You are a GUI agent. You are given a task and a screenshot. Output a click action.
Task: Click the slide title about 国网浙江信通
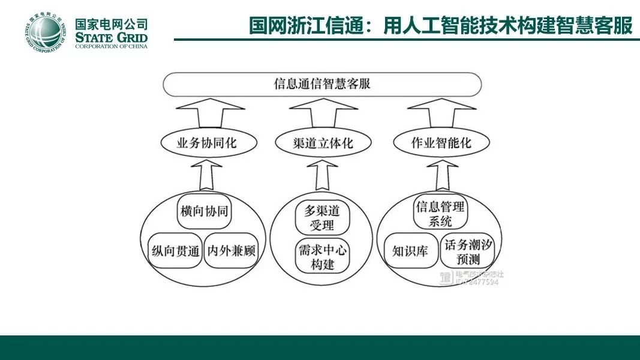[x=441, y=26]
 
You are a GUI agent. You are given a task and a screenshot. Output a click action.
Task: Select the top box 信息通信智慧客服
[x=322, y=83]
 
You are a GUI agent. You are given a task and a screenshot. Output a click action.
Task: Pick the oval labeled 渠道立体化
[x=323, y=143]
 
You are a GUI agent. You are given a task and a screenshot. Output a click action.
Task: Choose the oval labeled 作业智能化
[x=441, y=143]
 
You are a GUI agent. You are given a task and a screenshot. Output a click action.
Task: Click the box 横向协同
[x=205, y=211]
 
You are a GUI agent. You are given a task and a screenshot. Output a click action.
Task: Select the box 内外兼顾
[x=232, y=250]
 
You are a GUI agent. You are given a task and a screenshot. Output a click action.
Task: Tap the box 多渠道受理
[x=322, y=218]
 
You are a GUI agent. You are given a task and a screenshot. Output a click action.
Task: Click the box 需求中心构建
[x=322, y=256]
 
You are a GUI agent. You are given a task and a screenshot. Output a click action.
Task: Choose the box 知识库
[x=410, y=251]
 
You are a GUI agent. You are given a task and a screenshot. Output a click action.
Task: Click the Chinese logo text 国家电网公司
[x=112, y=24]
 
